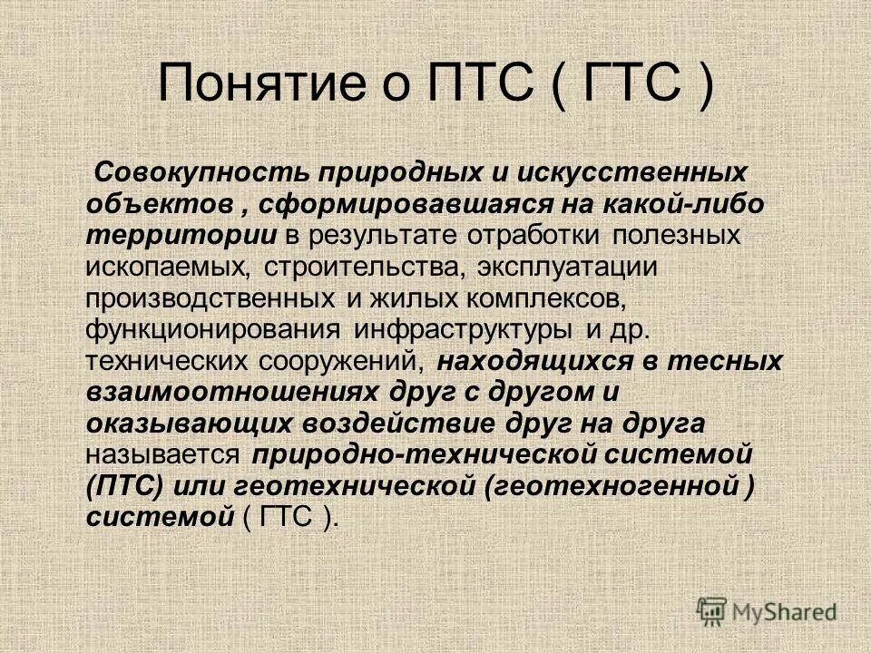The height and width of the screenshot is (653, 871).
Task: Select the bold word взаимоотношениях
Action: coord(231,392)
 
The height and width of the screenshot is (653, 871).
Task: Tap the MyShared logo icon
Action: coord(713,610)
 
